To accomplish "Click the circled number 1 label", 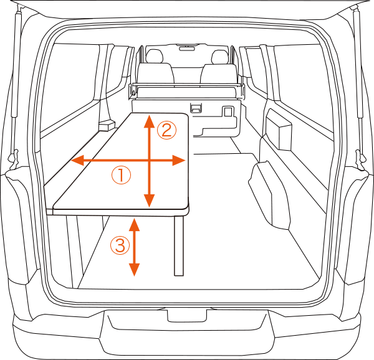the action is (121, 175).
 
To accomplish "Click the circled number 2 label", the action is (166, 131).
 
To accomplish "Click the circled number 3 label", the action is (120, 245).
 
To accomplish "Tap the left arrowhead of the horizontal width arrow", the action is (77, 160).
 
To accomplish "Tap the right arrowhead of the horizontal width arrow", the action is (179, 160).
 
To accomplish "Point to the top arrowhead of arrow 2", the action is (150, 121).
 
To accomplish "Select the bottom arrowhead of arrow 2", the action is (150, 201).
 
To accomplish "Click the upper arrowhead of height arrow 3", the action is (134, 224).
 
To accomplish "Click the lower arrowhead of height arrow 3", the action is (134, 270).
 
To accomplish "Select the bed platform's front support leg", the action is (179, 245).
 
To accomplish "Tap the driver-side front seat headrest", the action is (219, 57).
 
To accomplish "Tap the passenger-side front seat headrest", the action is (155, 56).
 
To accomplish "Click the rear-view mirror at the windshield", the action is (187, 49).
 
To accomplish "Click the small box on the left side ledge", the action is (107, 125).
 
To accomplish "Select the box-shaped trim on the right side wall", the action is (279, 130).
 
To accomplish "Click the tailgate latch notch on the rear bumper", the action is (187, 316).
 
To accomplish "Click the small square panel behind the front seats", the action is (228, 111).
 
